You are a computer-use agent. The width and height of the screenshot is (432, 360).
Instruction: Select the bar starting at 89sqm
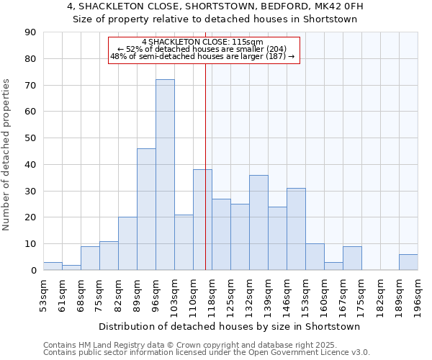coord(146,210)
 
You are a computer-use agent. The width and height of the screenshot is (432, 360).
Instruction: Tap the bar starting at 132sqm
coord(258,222)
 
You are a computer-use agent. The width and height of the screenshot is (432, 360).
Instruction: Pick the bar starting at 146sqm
coord(296,229)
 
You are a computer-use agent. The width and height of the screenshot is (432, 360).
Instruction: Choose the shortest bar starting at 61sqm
coord(71,267)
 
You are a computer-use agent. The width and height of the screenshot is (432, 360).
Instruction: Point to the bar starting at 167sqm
coord(352,258)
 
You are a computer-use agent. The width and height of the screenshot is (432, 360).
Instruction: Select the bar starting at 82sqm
coord(127,243)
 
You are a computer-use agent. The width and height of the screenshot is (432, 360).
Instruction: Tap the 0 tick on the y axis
coord(33,271)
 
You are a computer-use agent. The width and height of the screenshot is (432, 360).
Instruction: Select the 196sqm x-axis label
coord(418,295)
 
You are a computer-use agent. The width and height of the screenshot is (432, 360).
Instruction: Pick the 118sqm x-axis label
coord(212,295)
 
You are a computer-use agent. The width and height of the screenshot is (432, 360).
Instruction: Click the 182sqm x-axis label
coord(381,295)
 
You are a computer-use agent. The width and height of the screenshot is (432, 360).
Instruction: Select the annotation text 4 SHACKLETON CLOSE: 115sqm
coord(202,42)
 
